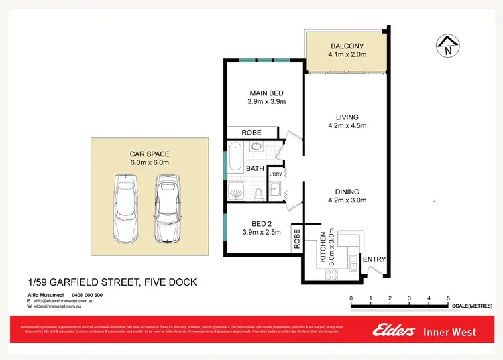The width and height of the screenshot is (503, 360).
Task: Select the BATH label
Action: coord(254,169)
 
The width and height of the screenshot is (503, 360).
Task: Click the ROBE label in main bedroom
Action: coord(251,133)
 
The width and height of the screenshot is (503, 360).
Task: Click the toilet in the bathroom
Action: coord(258,194)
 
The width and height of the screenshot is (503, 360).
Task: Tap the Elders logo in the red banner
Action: coord(396,332)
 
